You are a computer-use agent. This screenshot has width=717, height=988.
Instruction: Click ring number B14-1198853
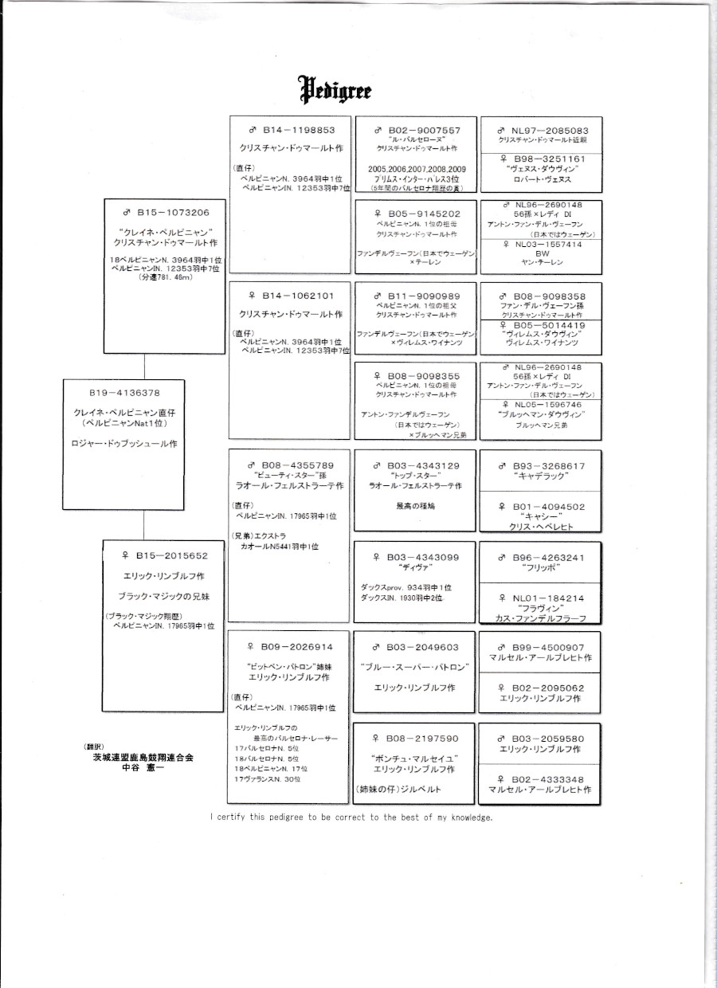(292, 129)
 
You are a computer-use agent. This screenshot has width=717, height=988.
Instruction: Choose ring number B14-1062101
(292, 296)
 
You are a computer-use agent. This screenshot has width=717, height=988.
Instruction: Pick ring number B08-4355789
(292, 465)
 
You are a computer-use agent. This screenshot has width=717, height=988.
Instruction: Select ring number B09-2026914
(292, 647)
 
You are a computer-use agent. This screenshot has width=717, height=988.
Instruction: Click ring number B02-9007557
(417, 129)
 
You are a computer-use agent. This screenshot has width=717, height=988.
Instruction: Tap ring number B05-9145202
(417, 214)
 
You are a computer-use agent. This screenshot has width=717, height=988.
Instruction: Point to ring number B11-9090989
(417, 296)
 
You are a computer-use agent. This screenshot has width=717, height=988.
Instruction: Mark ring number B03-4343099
(417, 556)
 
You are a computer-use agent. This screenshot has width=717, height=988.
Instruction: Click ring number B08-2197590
(417, 739)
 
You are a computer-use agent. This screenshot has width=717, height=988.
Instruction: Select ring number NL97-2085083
(542, 129)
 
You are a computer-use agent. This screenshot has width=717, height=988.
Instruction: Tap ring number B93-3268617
(542, 466)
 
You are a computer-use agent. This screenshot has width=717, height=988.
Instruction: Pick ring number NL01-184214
(542, 598)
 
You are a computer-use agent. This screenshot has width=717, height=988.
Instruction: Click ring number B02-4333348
(542, 778)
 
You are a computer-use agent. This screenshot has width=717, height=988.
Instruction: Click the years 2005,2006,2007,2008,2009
(417, 169)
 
